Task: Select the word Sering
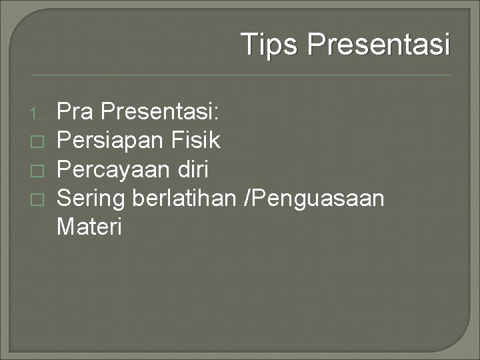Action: (x=93, y=199)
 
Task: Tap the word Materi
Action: (x=89, y=227)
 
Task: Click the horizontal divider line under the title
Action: (x=240, y=75)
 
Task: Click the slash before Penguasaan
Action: (x=249, y=199)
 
